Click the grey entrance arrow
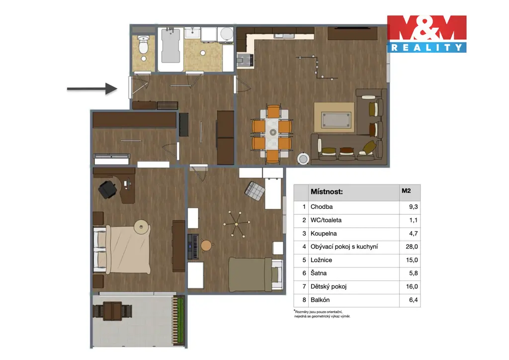pos(92,89)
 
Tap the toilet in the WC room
pos(143,44)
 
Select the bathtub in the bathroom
pos(170,46)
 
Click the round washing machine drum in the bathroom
pos(226,34)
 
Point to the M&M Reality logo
pos(426,34)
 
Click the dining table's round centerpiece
pos(273,132)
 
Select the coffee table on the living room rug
pos(336,120)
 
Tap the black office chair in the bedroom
pos(107,189)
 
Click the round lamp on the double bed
pos(141,226)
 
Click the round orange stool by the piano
pos(206,246)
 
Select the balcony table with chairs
pos(112,311)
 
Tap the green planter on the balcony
pos(180,321)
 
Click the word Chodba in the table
pos(322,207)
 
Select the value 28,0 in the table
pos(412,247)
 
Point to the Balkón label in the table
pos(320,300)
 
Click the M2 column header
pos(406,191)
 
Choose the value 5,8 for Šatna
pos(413,273)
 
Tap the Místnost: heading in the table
pos(327,191)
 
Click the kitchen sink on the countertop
pos(284,36)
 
